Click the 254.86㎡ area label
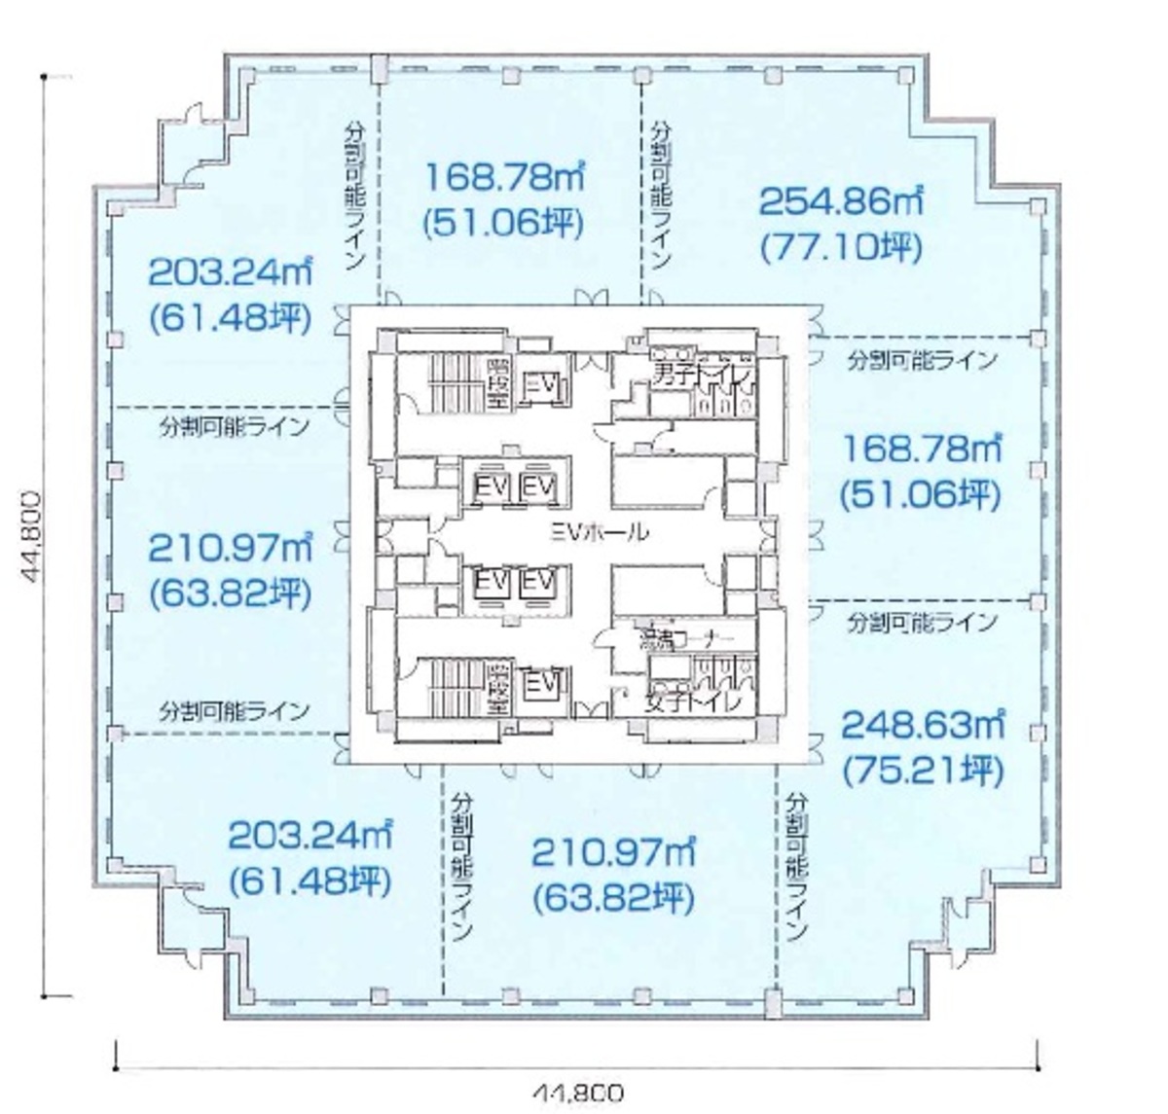840,201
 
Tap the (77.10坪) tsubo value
839,248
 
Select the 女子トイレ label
693,701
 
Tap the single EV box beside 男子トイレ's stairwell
540,386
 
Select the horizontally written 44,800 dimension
577,1093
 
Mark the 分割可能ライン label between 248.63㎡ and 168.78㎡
921,621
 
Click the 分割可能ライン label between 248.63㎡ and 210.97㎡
797,865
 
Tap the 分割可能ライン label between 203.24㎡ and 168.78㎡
353,196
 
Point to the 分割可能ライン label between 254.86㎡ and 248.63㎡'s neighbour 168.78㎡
921,359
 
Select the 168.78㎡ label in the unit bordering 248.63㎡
921,449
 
